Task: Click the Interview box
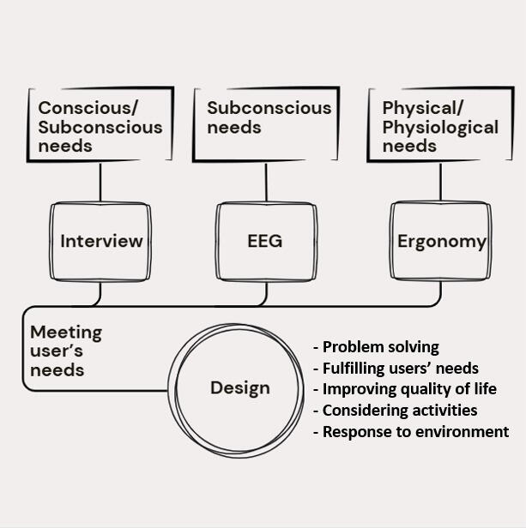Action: [101, 241]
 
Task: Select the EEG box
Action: [265, 241]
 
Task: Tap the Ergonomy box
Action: [441, 241]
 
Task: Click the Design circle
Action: [239, 387]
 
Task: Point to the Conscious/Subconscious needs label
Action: [100, 127]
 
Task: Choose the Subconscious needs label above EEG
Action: [268, 117]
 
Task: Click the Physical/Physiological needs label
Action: [440, 127]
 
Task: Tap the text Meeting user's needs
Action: [66, 351]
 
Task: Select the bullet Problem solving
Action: [377, 347]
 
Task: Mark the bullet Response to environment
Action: [411, 431]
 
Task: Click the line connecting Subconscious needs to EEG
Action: [266, 181]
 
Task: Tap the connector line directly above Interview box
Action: [101, 181]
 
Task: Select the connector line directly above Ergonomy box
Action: [441, 181]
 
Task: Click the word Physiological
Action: [440, 128]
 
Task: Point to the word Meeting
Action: [66, 332]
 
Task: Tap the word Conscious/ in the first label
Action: [88, 109]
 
